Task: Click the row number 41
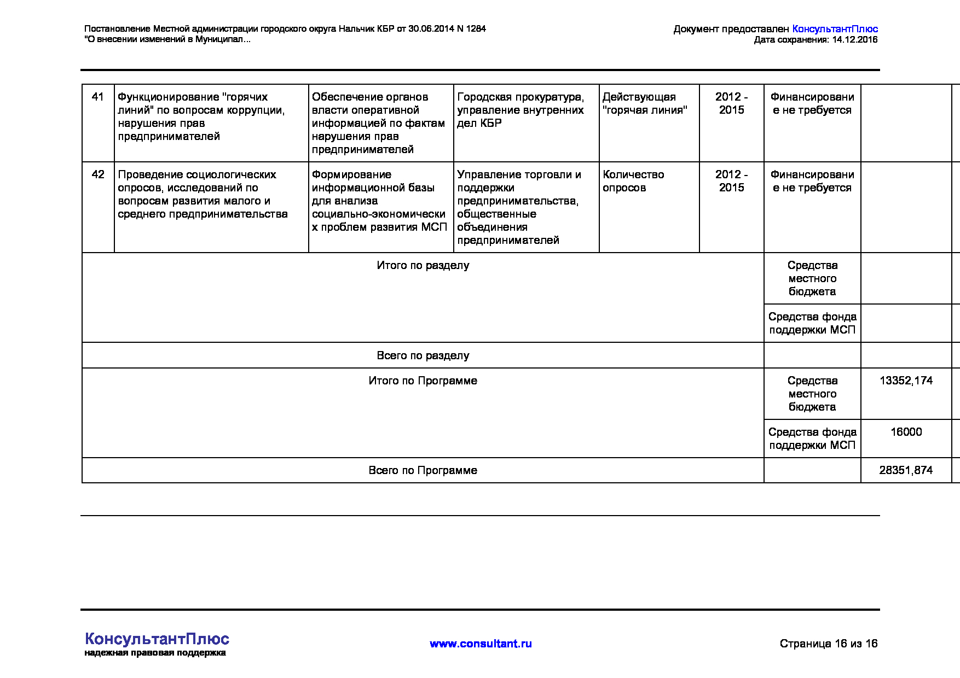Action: (x=98, y=97)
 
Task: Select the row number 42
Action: (x=98, y=174)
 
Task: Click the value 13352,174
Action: (x=906, y=381)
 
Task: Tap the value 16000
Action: (x=906, y=432)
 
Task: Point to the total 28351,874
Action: (x=906, y=470)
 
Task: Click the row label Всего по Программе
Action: (x=423, y=470)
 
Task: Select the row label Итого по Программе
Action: (x=423, y=381)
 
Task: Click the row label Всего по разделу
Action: (x=423, y=355)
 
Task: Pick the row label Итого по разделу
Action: (x=423, y=265)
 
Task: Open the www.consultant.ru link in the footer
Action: (x=481, y=644)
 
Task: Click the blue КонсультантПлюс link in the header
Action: (x=835, y=29)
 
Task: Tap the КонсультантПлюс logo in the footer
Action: (x=157, y=639)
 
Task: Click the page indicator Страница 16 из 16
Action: (x=828, y=644)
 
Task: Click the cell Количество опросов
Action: (x=633, y=181)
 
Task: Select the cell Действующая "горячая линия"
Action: (x=644, y=103)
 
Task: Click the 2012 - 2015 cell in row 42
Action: (x=731, y=181)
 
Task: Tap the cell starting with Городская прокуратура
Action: (x=521, y=110)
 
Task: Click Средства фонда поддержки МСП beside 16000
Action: (x=812, y=439)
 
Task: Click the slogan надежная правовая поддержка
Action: (x=155, y=653)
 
